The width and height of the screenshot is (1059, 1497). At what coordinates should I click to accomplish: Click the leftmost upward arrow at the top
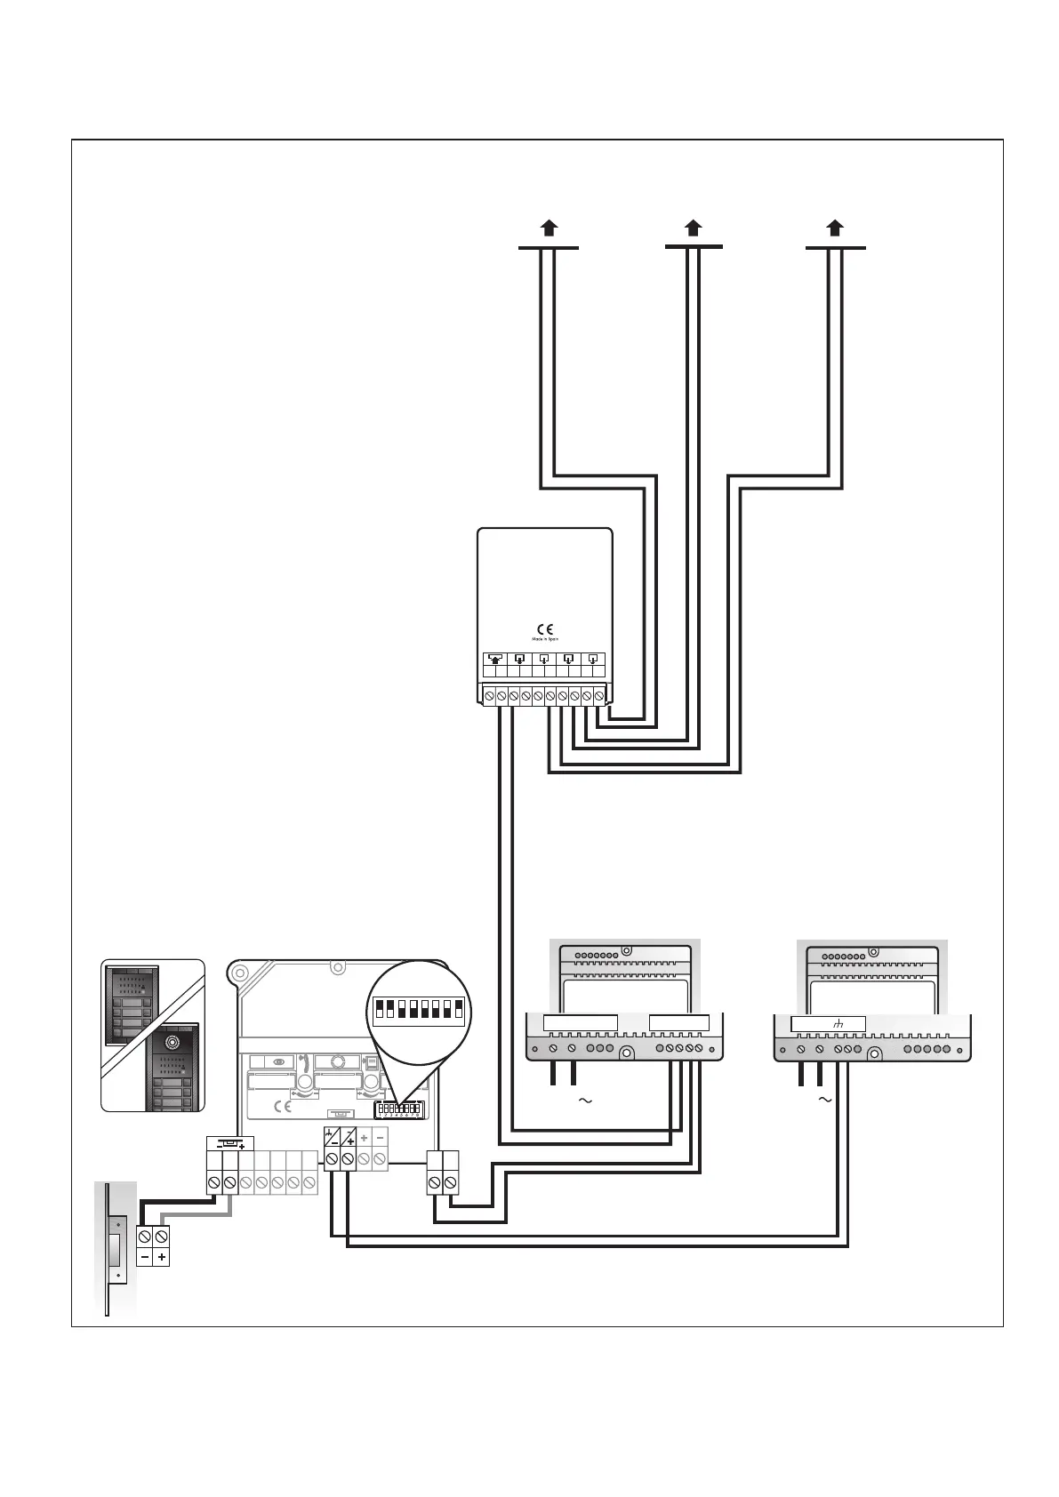click(550, 227)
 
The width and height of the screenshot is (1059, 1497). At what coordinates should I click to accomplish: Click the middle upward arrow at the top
click(694, 227)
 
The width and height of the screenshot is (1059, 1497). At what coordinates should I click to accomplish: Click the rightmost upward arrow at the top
click(835, 227)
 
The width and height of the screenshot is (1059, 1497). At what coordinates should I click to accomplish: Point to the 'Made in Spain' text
click(545, 639)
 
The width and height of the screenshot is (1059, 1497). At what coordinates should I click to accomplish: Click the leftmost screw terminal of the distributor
click(489, 694)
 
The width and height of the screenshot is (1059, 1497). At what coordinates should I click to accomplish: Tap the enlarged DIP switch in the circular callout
click(419, 1009)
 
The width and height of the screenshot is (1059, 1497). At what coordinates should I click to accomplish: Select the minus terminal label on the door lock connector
click(145, 1258)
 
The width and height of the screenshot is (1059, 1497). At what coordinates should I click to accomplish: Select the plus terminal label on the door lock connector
click(162, 1258)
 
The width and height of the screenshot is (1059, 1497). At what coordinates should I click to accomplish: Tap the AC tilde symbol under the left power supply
click(585, 1101)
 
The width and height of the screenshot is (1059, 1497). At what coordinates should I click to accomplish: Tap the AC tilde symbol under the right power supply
click(824, 1101)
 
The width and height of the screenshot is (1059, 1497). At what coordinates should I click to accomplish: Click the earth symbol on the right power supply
click(837, 1025)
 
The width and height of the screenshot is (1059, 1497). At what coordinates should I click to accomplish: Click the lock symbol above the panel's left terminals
click(230, 1142)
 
